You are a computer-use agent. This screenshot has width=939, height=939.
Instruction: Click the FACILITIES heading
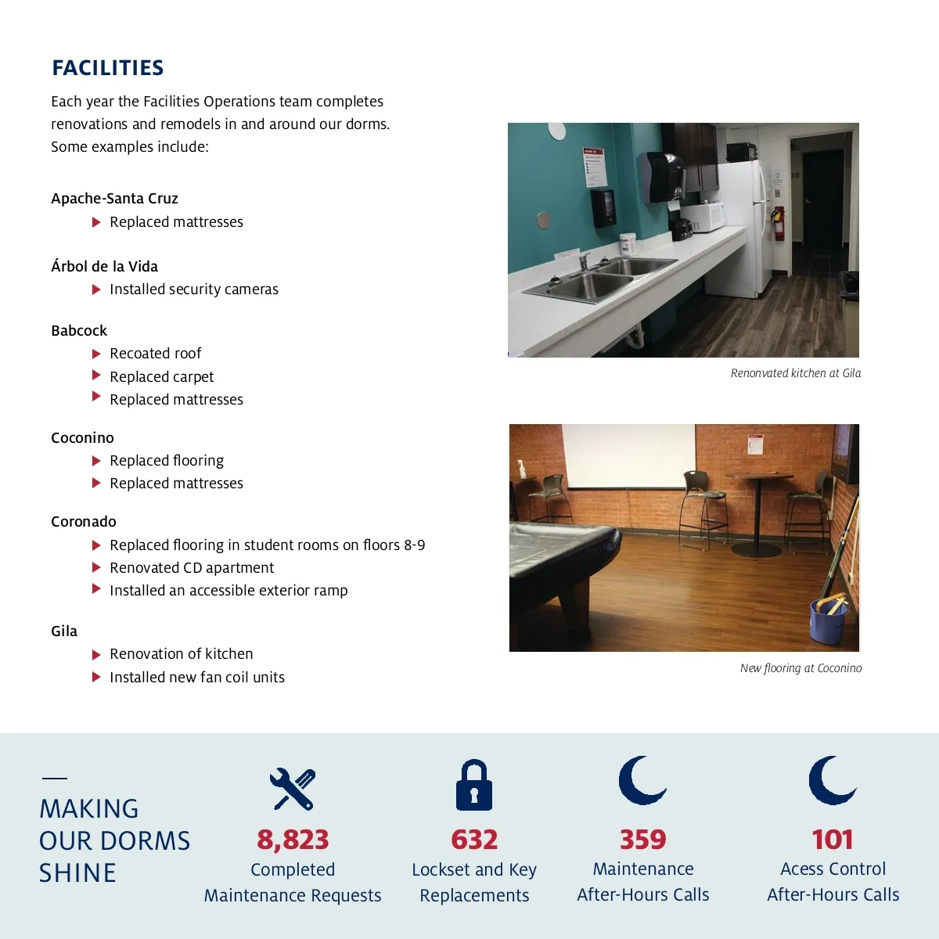(108, 68)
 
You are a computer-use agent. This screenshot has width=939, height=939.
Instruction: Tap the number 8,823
(293, 840)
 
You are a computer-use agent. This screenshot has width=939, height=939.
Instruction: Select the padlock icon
(474, 785)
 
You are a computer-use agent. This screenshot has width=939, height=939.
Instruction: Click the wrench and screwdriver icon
(293, 788)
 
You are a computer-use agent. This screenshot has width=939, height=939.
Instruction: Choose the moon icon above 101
(832, 780)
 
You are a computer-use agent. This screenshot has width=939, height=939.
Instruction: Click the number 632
(474, 840)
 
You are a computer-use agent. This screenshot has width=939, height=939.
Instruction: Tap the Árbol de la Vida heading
(104, 266)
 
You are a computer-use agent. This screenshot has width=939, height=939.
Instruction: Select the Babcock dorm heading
(79, 330)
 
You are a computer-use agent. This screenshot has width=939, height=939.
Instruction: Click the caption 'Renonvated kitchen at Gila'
(795, 373)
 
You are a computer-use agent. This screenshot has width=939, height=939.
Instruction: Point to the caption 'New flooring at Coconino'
(800, 668)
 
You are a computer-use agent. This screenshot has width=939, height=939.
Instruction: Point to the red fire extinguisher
(777, 223)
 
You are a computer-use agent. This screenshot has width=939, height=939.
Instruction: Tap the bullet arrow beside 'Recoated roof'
(96, 354)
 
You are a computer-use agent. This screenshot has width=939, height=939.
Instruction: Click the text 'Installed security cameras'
(193, 290)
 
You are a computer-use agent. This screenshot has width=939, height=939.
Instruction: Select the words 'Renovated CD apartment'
(192, 567)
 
